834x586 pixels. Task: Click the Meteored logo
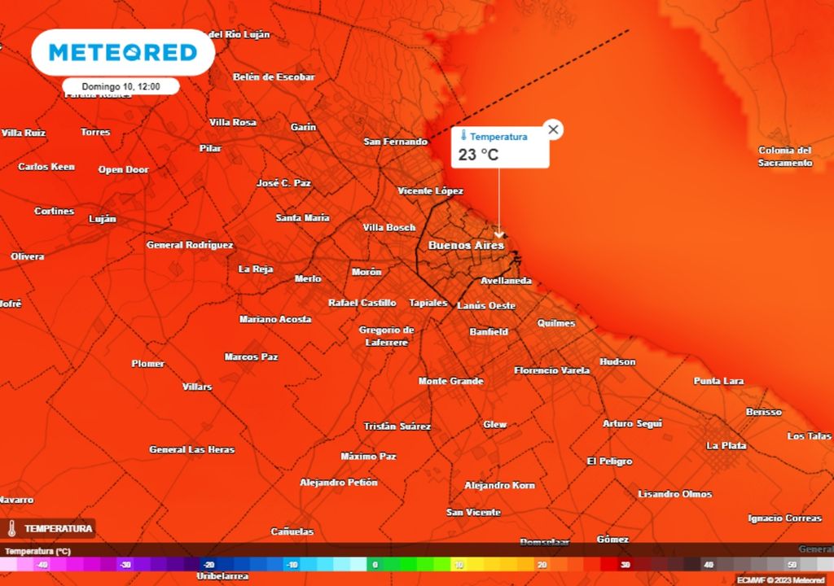click(x=123, y=53)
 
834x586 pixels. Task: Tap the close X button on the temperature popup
click(x=553, y=129)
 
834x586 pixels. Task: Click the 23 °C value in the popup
click(x=478, y=155)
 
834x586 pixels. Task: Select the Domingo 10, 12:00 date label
click(x=121, y=86)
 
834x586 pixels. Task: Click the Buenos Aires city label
click(x=466, y=245)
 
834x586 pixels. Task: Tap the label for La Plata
click(x=726, y=445)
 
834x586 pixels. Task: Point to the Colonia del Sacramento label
click(x=785, y=156)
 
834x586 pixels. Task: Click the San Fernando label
click(x=395, y=142)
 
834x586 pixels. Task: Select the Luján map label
click(x=103, y=219)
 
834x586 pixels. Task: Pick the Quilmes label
click(x=556, y=323)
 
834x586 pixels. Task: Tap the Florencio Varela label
click(x=552, y=370)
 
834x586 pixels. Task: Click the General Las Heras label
click(x=191, y=449)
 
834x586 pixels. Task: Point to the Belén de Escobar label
click(x=274, y=77)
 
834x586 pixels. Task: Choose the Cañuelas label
click(x=292, y=531)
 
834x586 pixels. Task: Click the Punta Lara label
click(x=718, y=381)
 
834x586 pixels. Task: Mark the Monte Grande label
click(x=450, y=381)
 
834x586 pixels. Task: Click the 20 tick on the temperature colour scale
click(x=542, y=564)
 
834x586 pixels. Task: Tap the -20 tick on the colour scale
click(x=208, y=564)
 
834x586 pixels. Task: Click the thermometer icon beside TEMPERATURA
click(x=12, y=528)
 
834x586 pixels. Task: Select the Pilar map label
click(x=210, y=148)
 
